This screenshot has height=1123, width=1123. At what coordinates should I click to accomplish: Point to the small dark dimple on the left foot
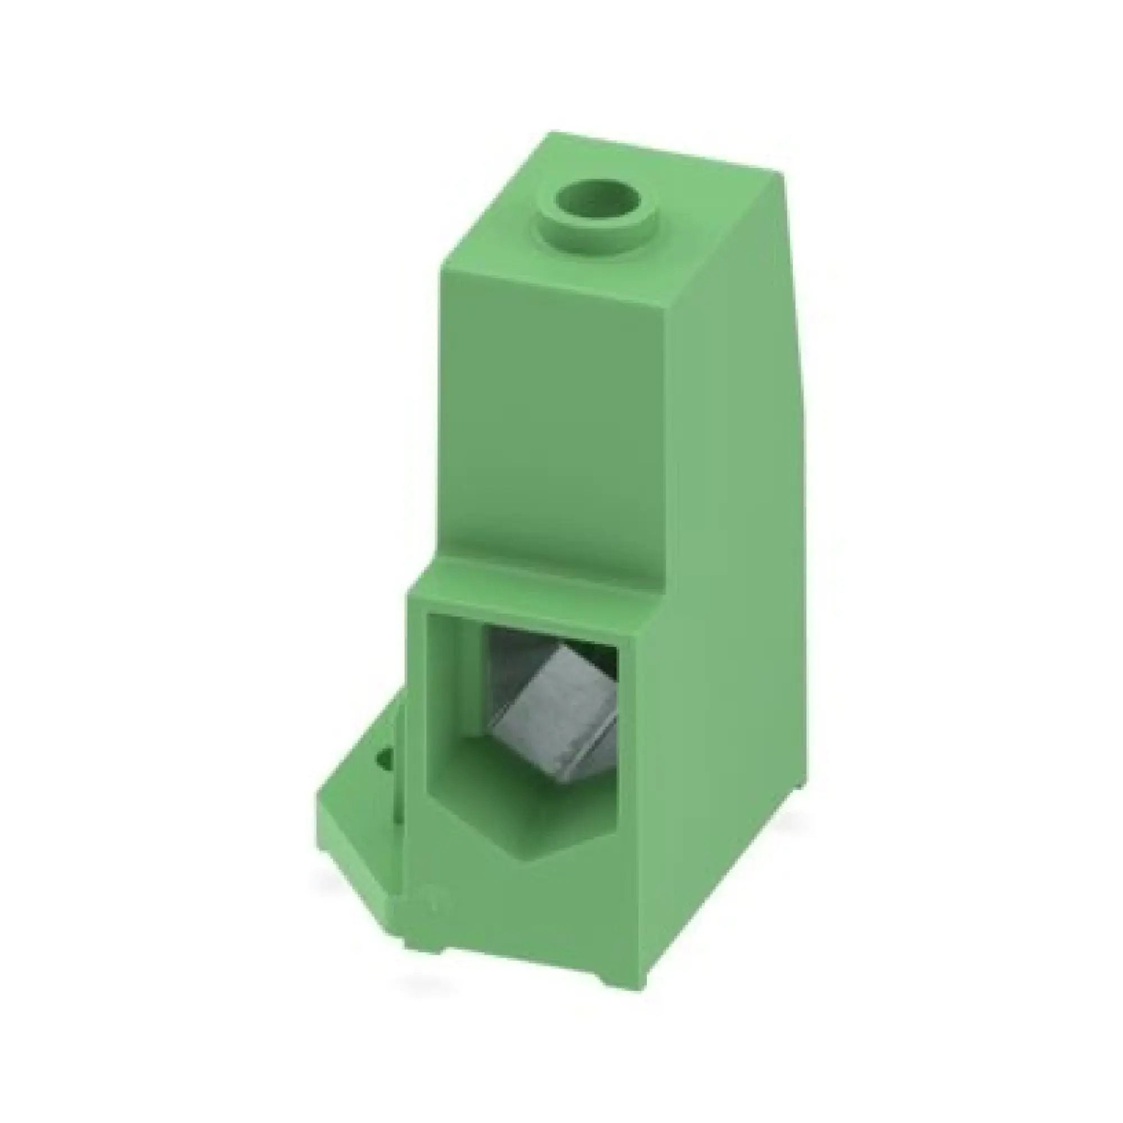click(384, 757)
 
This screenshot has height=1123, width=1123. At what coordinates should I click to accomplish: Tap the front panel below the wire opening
click(523, 919)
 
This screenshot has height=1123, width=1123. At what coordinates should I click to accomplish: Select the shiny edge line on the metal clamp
click(587, 750)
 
